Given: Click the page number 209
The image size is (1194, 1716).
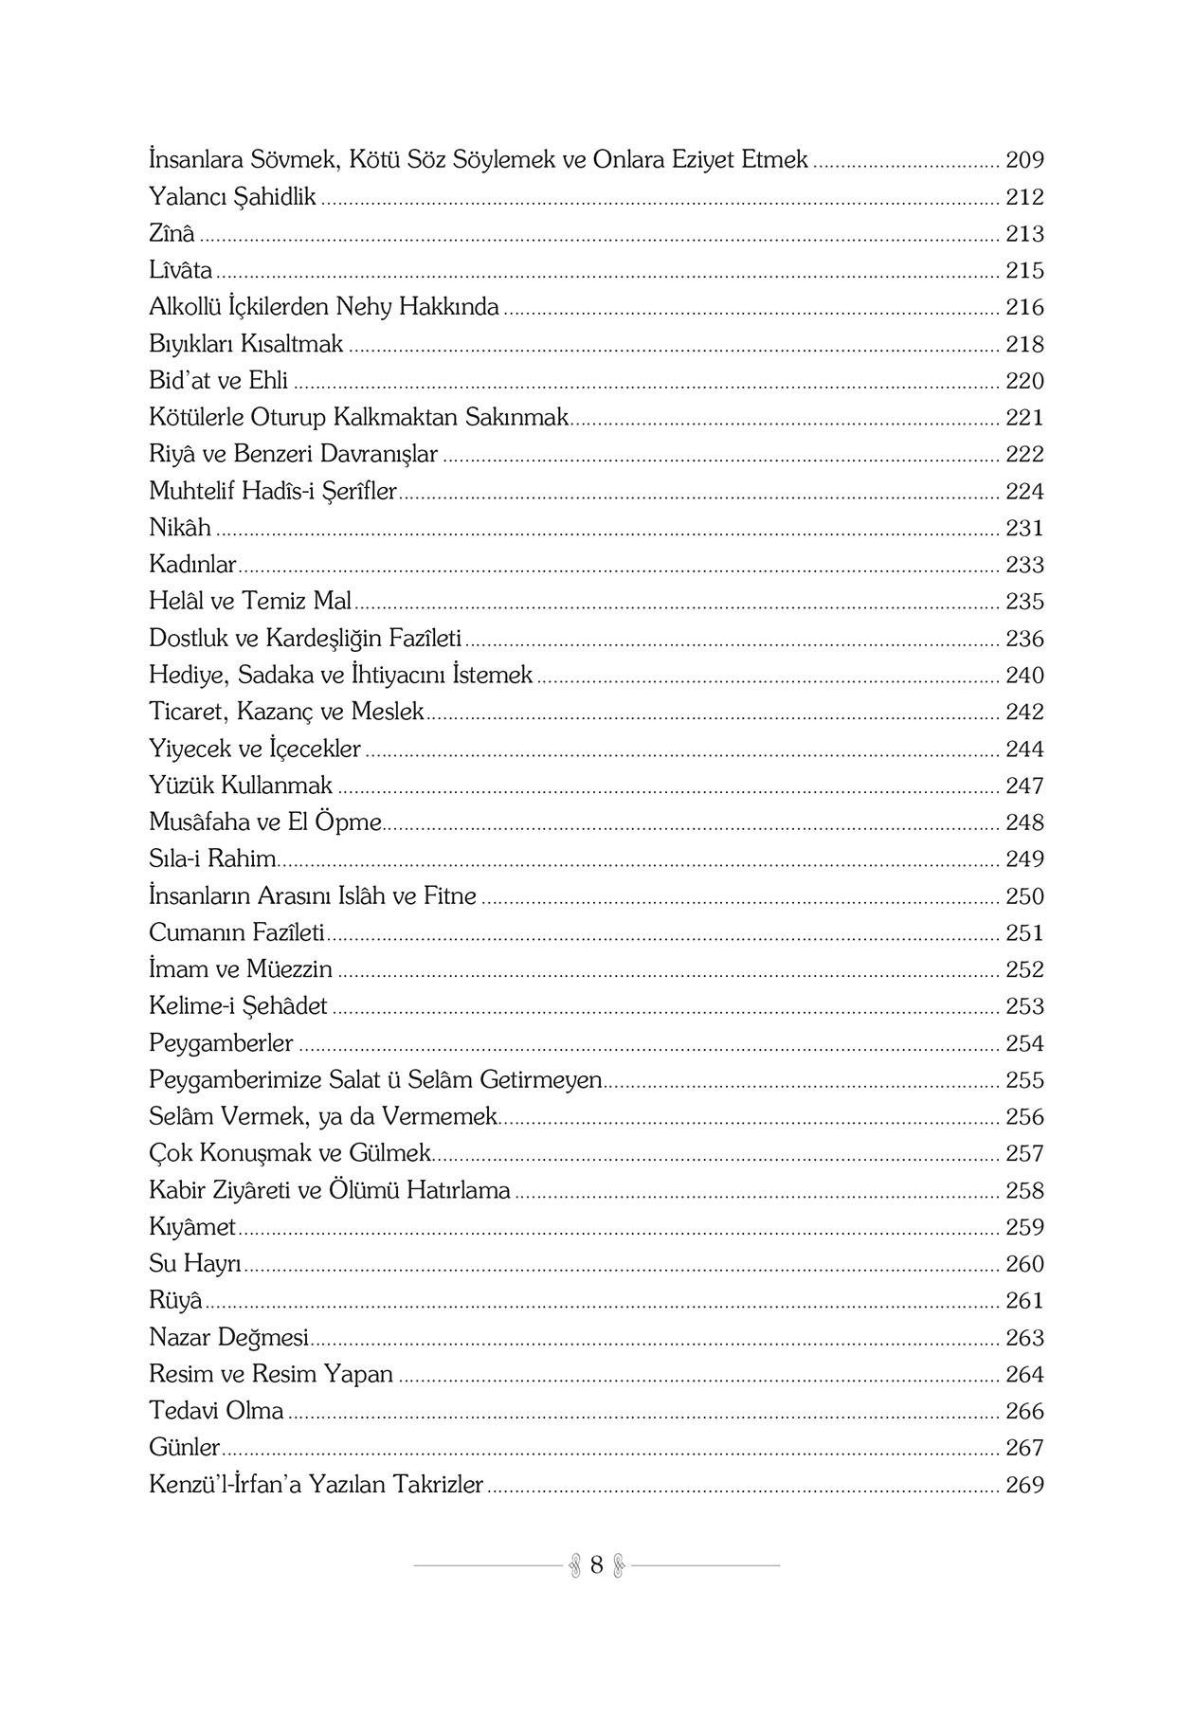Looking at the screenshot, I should (x=1024, y=160).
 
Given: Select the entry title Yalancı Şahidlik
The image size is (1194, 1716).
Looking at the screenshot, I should (x=232, y=197).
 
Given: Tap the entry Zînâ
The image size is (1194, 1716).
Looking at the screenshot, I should (x=172, y=233).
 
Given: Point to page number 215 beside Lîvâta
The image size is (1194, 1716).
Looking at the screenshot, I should (x=1024, y=271).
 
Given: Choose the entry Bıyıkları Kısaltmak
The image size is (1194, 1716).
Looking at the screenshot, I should (x=246, y=344).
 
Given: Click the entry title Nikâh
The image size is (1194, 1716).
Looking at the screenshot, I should (x=180, y=528).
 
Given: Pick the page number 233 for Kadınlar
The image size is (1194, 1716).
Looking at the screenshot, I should (x=1024, y=565).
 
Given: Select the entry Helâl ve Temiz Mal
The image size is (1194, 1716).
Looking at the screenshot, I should (x=250, y=601).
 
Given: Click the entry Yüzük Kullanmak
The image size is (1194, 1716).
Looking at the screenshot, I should (x=241, y=786).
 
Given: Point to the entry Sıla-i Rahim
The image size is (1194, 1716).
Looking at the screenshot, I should (x=212, y=859).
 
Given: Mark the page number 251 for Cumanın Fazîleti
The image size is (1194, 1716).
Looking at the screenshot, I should (x=1024, y=933).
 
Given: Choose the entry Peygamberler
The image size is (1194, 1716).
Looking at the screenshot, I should (x=221, y=1043).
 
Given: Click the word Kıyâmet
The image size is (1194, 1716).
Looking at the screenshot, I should (x=192, y=1227).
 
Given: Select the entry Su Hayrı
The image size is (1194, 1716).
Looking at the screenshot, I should (x=195, y=1264).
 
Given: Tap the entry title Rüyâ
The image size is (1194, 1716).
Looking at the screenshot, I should (x=175, y=1300).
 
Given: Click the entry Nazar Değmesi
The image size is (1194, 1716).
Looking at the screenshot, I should (x=229, y=1337).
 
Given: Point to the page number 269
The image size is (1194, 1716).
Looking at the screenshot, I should (x=1024, y=1485).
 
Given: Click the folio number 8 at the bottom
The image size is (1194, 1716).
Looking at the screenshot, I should (x=596, y=1564).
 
